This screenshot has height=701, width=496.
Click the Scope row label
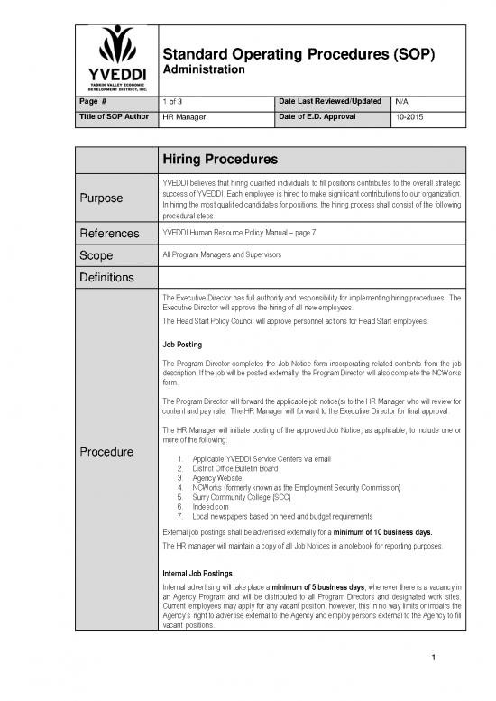[x=92, y=256]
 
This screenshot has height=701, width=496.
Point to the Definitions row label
[x=107, y=277]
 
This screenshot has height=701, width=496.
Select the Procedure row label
[x=107, y=451]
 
